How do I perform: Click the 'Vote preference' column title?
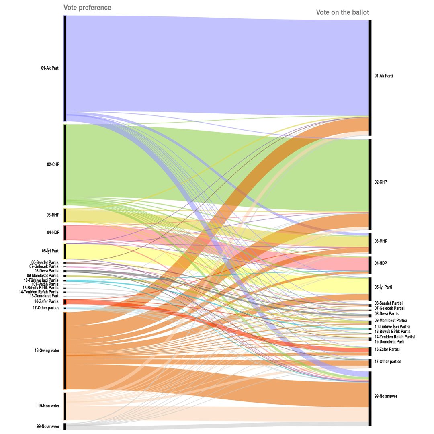[87, 8]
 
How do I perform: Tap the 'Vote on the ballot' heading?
[342, 12]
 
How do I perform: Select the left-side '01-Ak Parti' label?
[50, 68]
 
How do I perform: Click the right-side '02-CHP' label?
[381, 182]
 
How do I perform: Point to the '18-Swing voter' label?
[47, 350]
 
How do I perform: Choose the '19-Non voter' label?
[49, 406]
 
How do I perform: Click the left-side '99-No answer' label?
[48, 426]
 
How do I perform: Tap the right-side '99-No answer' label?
[386, 396]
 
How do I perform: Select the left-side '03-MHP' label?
[53, 215]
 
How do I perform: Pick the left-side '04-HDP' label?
[53, 232]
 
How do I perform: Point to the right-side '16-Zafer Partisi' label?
[387, 349]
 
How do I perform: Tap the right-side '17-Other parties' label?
[388, 362]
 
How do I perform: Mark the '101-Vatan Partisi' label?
[45, 284]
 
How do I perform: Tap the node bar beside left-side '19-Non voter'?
[65, 406]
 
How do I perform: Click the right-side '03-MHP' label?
[381, 241]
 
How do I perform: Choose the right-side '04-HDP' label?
[381, 263]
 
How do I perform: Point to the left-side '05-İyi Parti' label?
[50, 251]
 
